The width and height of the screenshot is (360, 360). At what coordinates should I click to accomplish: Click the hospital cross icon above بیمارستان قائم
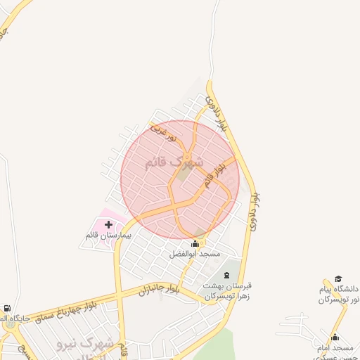tap(108, 225)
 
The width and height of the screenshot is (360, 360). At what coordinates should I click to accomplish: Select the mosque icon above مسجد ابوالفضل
tap(195, 244)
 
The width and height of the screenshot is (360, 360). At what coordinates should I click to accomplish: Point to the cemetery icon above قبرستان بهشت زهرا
tap(226, 274)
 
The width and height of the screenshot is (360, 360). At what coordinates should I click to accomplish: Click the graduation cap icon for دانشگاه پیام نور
tap(338, 279)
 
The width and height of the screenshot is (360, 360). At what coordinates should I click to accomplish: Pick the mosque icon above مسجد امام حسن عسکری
tap(335, 337)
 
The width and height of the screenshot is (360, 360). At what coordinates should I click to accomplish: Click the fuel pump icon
tap(7, 309)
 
